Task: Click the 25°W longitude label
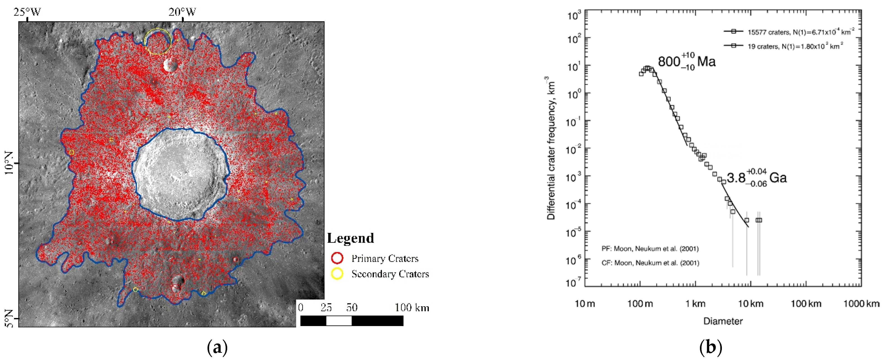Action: (x=27, y=12)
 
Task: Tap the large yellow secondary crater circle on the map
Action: (x=157, y=41)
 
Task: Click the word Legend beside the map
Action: (x=350, y=238)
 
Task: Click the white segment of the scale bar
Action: (x=339, y=321)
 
